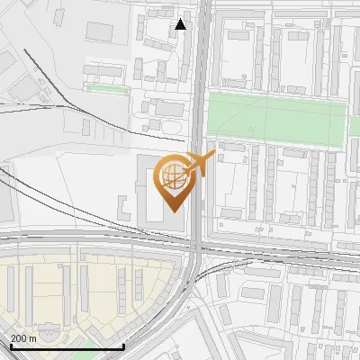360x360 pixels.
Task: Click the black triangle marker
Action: coord(181,24)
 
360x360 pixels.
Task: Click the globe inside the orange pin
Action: coord(170,175)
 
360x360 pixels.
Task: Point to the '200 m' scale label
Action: coord(24,338)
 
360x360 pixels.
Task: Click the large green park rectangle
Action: coord(275,121)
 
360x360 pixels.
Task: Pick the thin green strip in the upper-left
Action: coord(104,88)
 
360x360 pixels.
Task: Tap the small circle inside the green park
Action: coord(252,130)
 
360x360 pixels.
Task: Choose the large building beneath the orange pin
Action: coord(148,193)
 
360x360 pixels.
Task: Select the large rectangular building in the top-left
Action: coord(107,31)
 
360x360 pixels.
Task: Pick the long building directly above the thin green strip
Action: coord(103,69)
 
